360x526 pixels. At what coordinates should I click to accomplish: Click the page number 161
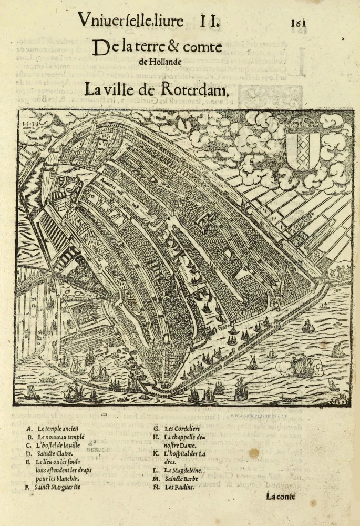tap(297, 23)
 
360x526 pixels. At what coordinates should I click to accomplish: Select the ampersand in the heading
tap(175, 48)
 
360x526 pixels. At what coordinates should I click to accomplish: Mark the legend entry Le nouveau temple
tap(60, 437)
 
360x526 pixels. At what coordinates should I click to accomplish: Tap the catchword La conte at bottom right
tap(281, 496)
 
